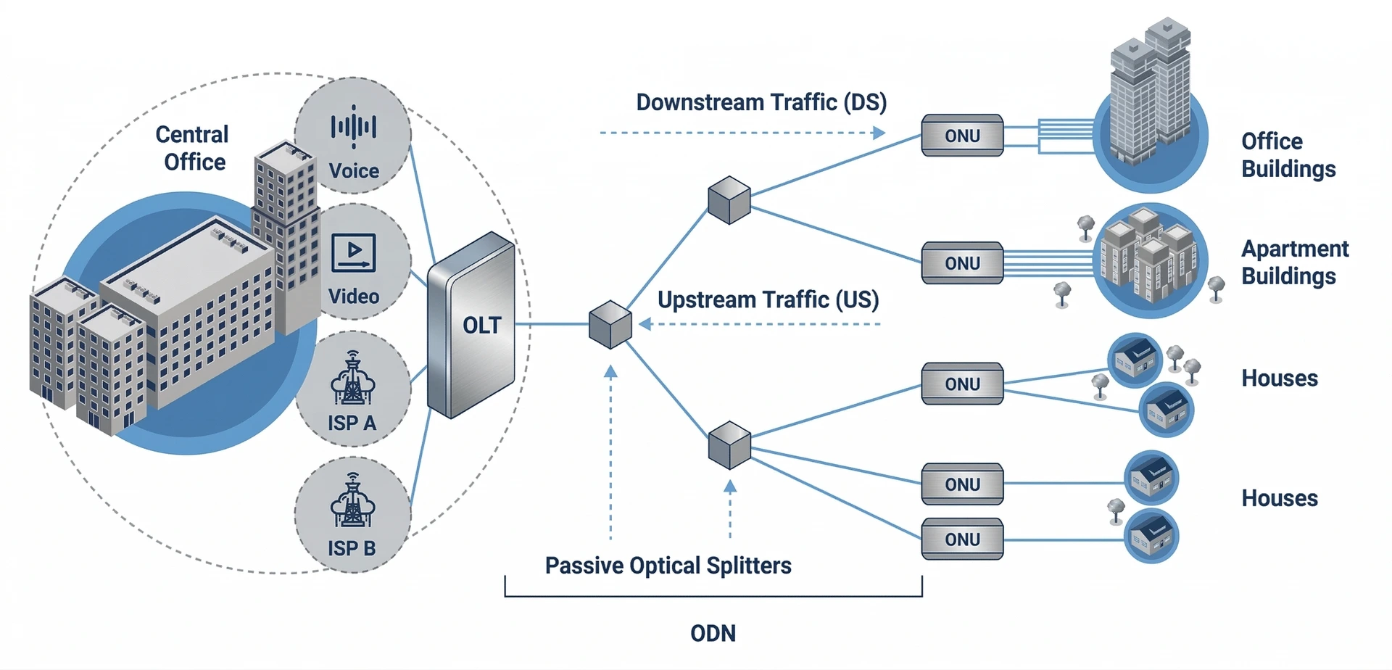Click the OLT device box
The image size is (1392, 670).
(472, 326)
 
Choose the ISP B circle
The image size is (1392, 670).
(353, 516)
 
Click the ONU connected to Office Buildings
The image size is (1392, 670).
(962, 136)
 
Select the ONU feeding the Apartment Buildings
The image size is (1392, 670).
(962, 263)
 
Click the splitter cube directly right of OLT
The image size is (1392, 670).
(610, 325)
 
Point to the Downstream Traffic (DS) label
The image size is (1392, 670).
(761, 102)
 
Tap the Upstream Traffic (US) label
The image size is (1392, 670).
(768, 299)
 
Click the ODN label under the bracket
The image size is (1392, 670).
(713, 633)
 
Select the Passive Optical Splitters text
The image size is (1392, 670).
(668, 566)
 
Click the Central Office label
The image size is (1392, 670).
(193, 148)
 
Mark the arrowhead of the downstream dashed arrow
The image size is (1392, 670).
(879, 133)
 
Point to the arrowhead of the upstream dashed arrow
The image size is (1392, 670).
(645, 324)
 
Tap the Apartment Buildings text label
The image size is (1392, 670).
(1294, 262)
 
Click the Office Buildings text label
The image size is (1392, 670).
(1288, 155)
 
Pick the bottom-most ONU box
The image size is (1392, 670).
(962, 539)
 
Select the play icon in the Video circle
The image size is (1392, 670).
(354, 251)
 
